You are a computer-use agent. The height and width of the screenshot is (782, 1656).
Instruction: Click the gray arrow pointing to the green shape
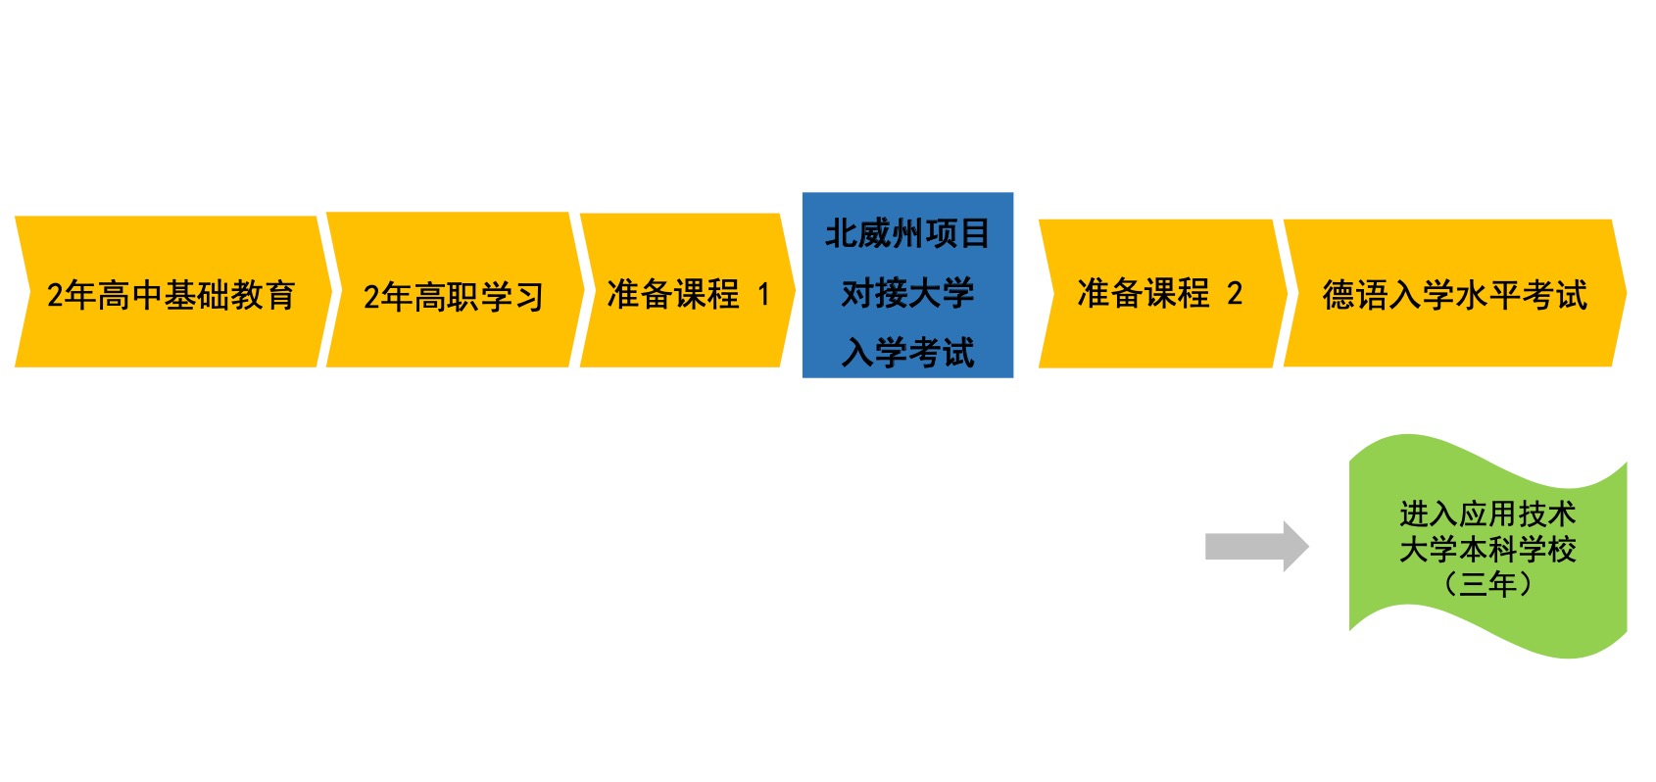coord(1255,546)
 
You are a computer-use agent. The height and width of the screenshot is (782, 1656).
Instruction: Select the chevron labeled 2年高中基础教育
coord(171,293)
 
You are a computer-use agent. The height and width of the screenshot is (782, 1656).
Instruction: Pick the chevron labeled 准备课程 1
coord(686,293)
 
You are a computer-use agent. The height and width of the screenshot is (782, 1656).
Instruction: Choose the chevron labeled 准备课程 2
coord(1160,293)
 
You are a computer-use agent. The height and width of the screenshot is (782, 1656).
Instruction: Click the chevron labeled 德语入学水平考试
coord(1454,293)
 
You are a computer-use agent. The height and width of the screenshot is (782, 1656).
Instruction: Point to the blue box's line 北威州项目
coord(907,234)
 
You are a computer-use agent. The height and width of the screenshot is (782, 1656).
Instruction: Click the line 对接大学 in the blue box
coord(907,293)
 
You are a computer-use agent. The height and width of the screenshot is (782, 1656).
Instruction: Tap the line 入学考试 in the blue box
coord(907,352)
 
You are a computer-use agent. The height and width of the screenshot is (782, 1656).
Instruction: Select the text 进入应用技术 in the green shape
coord(1487,513)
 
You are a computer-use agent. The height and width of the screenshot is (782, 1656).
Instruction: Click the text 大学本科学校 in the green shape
coord(1487,549)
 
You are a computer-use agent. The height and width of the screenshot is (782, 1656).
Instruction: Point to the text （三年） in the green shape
coord(1487,584)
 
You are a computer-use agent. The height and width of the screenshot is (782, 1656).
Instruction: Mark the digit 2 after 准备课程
coord(1235,293)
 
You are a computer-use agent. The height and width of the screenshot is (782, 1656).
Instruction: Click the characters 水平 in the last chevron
coord(1487,295)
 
